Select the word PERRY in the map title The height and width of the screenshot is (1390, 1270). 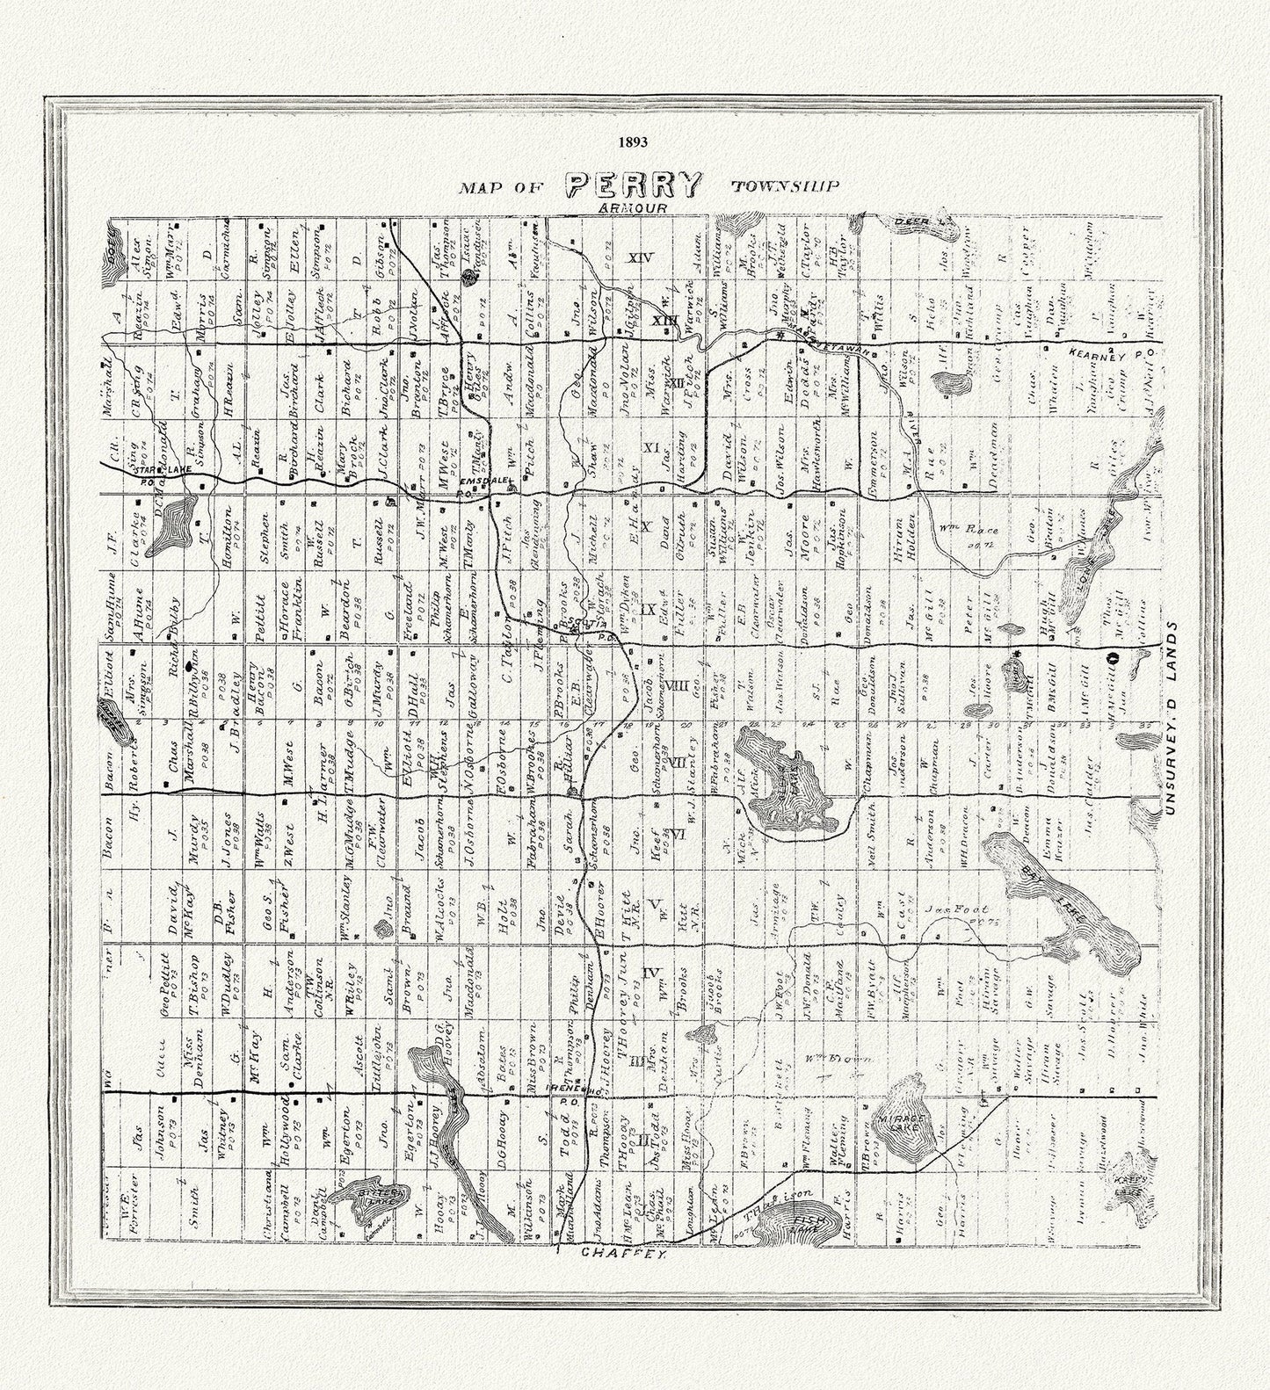click(635, 185)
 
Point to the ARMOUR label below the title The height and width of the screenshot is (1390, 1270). click(631, 207)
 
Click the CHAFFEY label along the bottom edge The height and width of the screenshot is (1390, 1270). click(618, 1256)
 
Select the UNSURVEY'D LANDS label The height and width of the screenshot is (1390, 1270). click(1170, 720)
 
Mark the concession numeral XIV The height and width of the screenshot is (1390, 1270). click(638, 257)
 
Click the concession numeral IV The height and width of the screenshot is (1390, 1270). click(650, 972)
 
